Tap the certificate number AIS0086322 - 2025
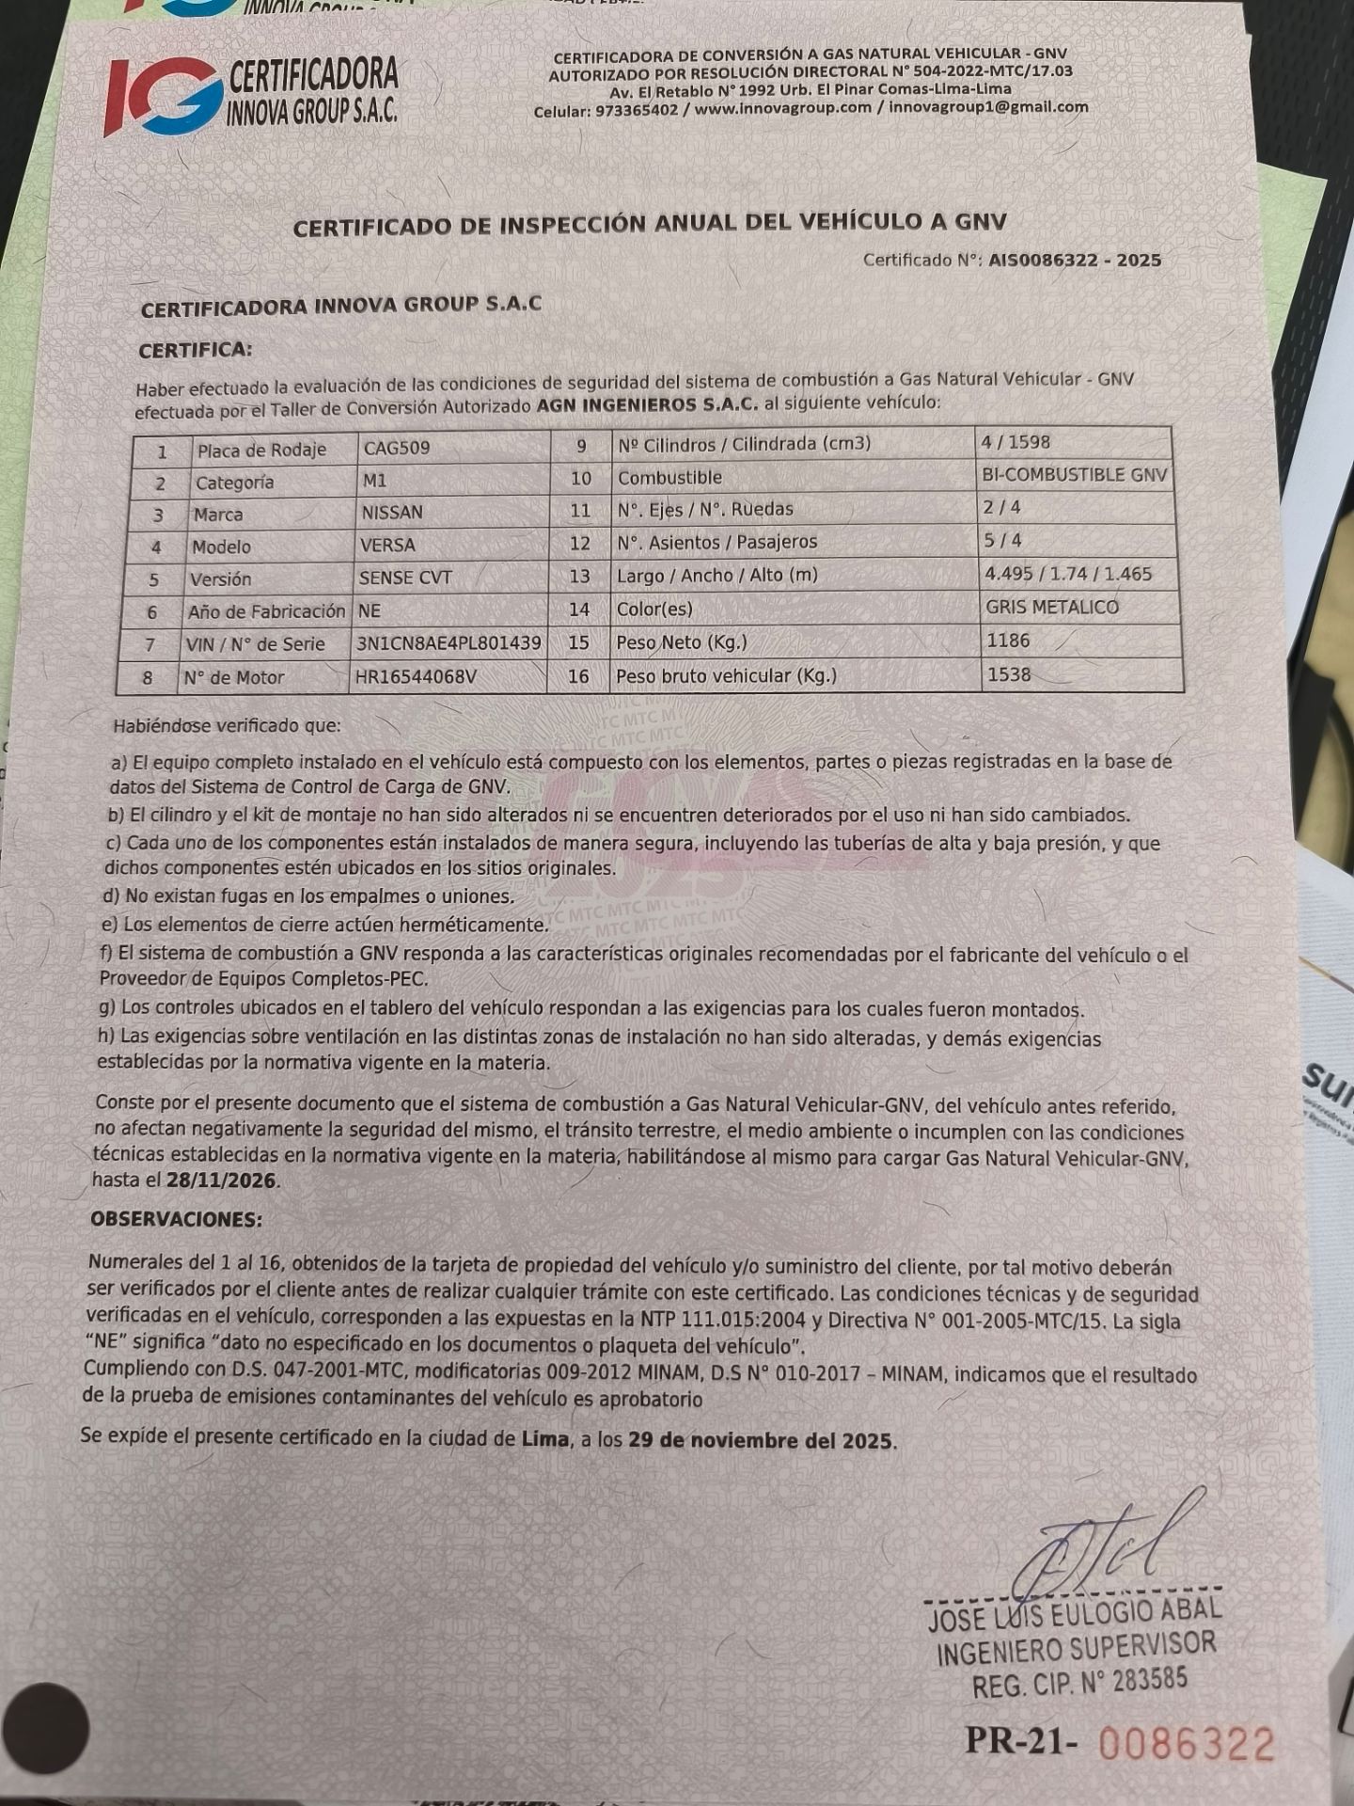click(1074, 261)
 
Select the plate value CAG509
click(397, 448)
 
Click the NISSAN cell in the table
click(392, 513)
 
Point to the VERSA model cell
click(386, 546)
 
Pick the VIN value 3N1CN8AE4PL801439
click(449, 644)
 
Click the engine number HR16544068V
click(416, 676)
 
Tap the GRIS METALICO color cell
click(1052, 608)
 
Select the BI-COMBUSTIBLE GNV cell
click(1074, 475)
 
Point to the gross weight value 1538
click(1008, 674)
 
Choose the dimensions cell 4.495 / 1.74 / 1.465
click(1067, 574)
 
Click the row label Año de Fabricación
click(266, 611)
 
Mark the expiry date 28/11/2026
click(222, 1180)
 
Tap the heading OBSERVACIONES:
click(176, 1219)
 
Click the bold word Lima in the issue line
click(544, 1438)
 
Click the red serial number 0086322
click(1187, 1743)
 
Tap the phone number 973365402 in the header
click(637, 110)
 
